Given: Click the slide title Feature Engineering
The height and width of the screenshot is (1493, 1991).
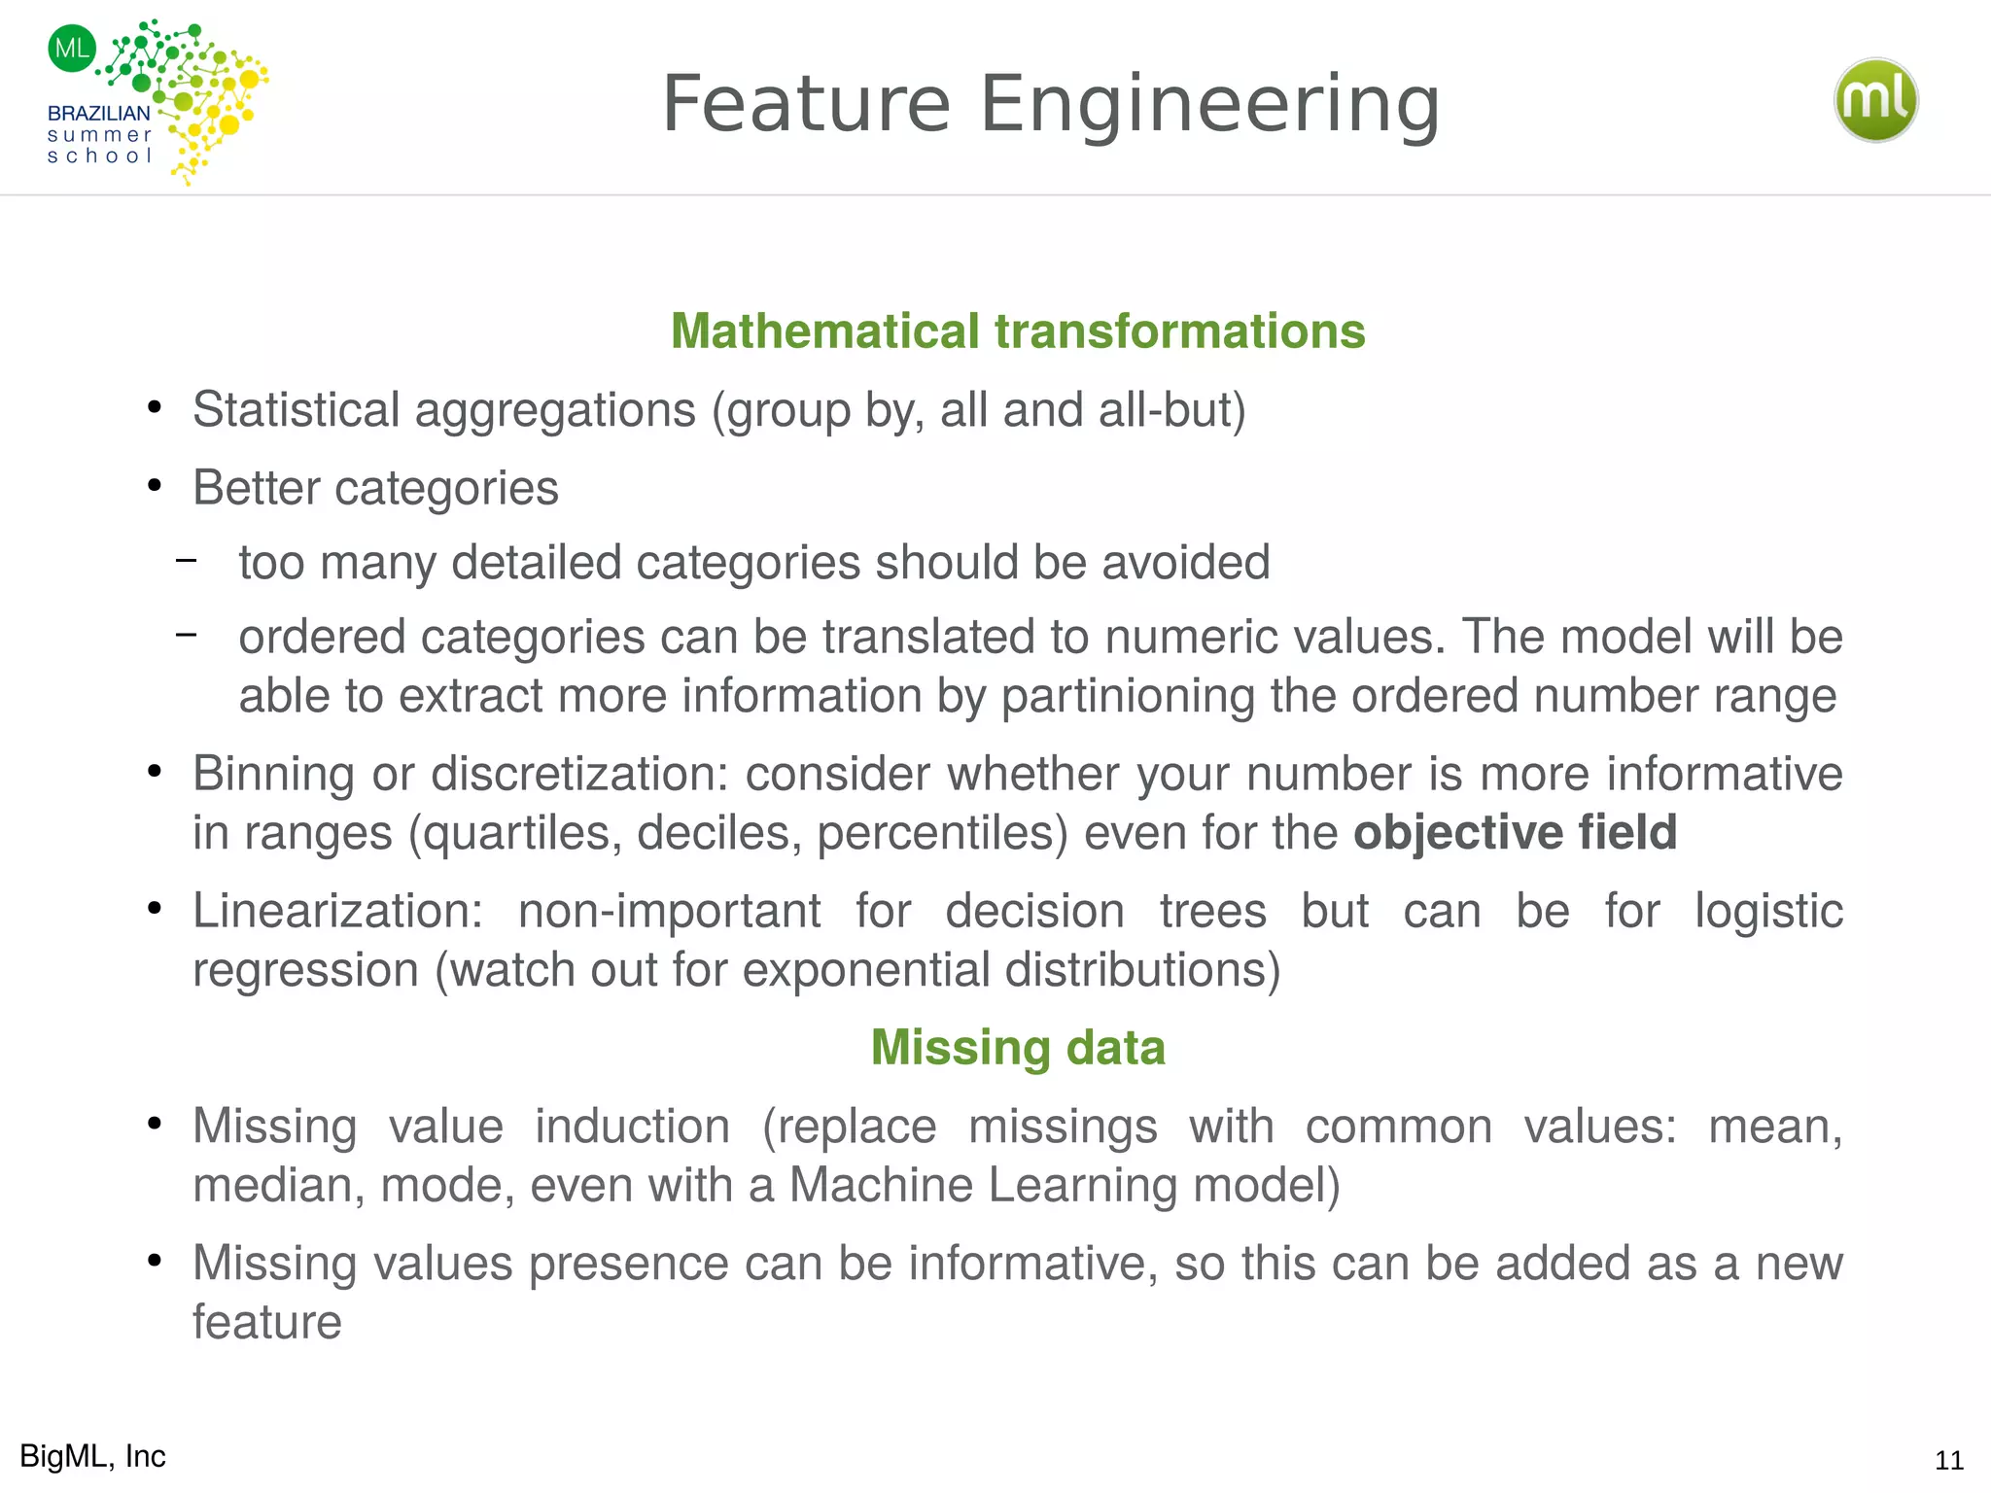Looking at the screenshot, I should (x=1050, y=104).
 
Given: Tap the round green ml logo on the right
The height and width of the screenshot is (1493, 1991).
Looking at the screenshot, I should (x=1875, y=100).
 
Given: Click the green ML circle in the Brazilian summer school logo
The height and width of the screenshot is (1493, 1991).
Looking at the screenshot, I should (x=72, y=48).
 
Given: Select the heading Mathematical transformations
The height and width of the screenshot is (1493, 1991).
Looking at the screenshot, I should (x=1018, y=331).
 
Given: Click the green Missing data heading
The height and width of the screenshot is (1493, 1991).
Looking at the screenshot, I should (x=1018, y=1048).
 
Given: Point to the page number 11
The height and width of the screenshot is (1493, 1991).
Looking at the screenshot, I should (x=1948, y=1460).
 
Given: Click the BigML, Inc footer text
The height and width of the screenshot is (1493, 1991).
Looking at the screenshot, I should (x=92, y=1456).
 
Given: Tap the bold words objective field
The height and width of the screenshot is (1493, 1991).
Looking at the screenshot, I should (x=1515, y=833).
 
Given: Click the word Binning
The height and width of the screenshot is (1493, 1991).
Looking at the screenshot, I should (x=273, y=775).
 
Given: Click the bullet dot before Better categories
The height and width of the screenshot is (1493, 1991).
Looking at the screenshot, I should (x=154, y=485).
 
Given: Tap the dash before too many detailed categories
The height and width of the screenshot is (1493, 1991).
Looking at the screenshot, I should (x=187, y=560).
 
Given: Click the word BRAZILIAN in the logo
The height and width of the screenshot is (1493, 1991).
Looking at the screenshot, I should (x=98, y=114).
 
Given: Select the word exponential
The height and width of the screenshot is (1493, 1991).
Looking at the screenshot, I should (x=865, y=970).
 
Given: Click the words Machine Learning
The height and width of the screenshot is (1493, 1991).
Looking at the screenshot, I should (x=982, y=1186).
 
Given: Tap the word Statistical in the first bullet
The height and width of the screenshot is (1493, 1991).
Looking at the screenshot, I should (x=296, y=410).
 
